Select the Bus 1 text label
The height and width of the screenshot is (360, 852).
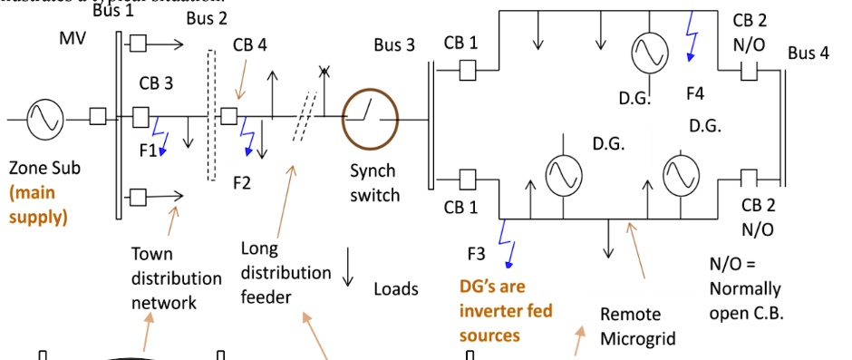coord(112,11)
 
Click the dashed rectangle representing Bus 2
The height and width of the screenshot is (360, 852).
coord(212,116)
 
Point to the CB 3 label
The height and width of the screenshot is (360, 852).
coord(155,83)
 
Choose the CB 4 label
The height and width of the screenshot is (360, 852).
coord(249,44)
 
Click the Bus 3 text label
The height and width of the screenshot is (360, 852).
coord(393,45)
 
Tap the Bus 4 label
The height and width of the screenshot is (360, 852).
coord(808,53)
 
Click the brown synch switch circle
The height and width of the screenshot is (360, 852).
coord(370,117)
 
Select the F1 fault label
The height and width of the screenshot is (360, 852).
coord(148,151)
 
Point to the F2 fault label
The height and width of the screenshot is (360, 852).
coord(241,183)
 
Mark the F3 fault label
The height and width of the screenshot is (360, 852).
coord(477,253)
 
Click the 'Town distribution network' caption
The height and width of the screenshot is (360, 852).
coord(163,278)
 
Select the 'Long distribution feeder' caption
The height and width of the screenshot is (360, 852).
coord(286,272)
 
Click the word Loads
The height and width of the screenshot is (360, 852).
coord(396,289)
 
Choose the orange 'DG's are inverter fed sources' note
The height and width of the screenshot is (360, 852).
coord(505,311)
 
